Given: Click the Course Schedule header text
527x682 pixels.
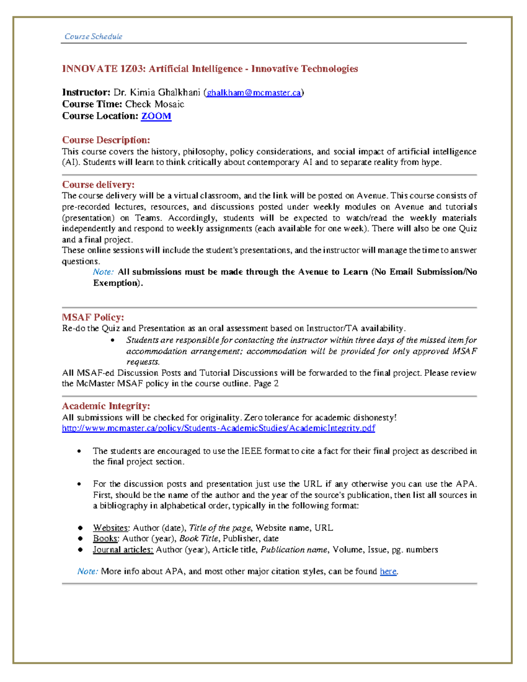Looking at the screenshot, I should [x=93, y=36].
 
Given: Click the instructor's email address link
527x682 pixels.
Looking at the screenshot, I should [x=254, y=93].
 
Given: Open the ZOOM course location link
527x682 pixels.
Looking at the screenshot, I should [x=156, y=116].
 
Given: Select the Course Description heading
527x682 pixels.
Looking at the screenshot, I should [x=106, y=140].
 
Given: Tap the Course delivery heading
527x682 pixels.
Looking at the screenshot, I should [x=98, y=184].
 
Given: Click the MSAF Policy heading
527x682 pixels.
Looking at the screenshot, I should [x=93, y=317].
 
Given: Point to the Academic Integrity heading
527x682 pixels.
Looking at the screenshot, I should [x=106, y=406].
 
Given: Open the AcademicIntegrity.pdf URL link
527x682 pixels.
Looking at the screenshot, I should [x=218, y=428].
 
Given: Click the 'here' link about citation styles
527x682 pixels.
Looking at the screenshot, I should [x=388, y=571].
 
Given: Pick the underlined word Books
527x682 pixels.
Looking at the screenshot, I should [x=105, y=538].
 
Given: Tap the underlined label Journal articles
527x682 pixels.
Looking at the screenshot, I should [x=123, y=550].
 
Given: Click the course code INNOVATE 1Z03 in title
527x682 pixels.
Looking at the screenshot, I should [x=103, y=69].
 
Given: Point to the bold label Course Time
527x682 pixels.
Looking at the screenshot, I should [x=92, y=105].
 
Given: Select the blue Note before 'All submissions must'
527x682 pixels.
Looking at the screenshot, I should [x=103, y=272].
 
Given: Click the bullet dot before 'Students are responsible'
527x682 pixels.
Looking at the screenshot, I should [x=113, y=340].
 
